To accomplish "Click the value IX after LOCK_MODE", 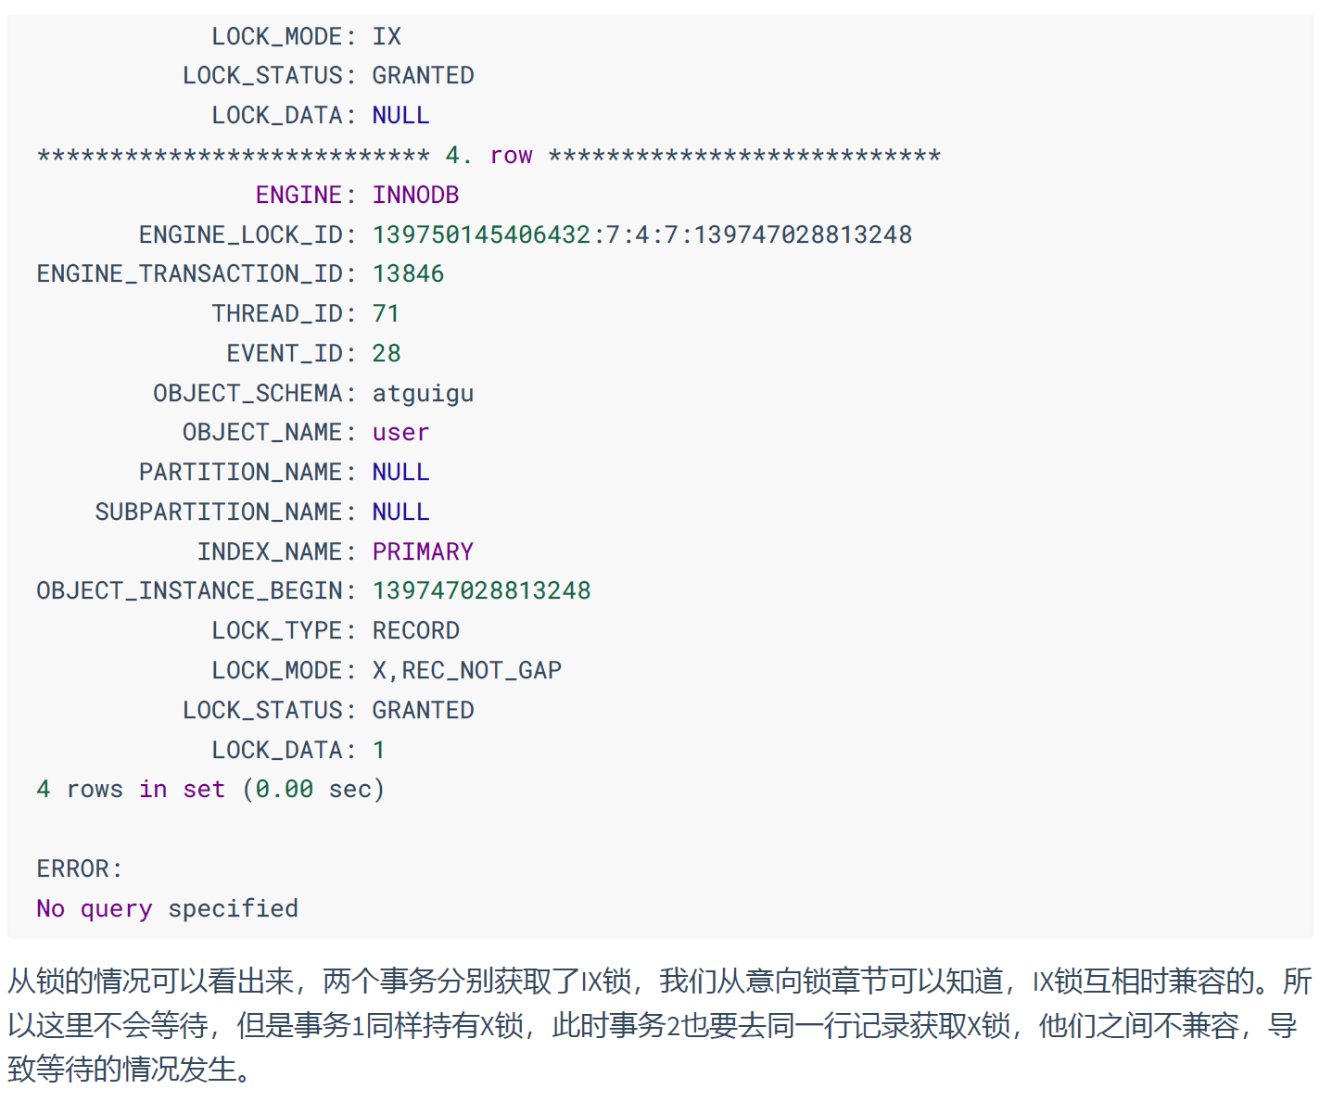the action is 387,36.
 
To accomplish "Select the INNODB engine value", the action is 415,195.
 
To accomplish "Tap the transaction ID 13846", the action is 408,273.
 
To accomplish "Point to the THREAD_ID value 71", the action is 386,313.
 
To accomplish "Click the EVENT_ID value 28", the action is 387,353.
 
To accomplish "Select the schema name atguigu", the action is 423,393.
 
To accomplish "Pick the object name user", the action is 400,433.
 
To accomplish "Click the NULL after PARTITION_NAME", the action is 400,472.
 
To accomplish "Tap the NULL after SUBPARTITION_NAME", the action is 400,512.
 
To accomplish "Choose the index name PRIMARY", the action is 423,551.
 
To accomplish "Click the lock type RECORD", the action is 415,630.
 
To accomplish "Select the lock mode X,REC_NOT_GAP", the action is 466,670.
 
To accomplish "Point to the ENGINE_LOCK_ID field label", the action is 241,234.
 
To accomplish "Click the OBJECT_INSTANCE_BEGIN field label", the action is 190,590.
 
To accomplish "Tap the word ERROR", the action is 73,868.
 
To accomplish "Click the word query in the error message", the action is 116,908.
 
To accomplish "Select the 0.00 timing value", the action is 284,790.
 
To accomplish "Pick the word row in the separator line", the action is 511,155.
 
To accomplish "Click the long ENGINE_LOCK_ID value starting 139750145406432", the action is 641,234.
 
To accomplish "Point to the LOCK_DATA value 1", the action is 379,750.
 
